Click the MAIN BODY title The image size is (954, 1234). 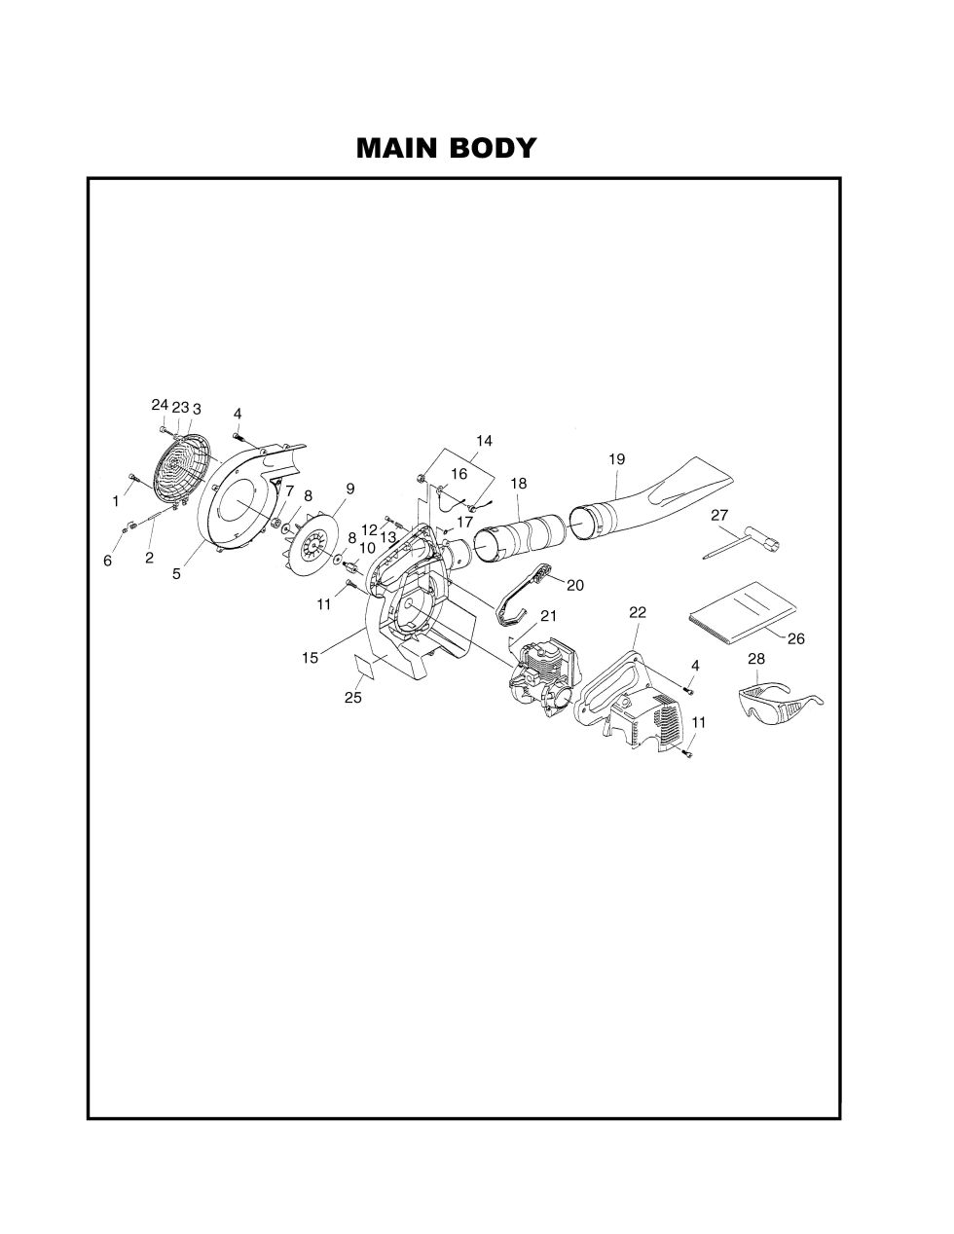pyautogui.click(x=446, y=148)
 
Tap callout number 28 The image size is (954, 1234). pyautogui.click(x=756, y=659)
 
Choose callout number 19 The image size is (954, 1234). pyautogui.click(x=616, y=458)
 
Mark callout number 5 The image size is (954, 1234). pyautogui.click(x=176, y=574)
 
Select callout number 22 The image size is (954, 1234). pyautogui.click(x=638, y=612)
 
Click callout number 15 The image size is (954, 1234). pyautogui.click(x=310, y=658)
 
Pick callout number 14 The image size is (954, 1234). pyautogui.click(x=484, y=441)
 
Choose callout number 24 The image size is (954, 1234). pyautogui.click(x=160, y=405)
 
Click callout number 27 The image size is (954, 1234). pyautogui.click(x=719, y=515)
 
